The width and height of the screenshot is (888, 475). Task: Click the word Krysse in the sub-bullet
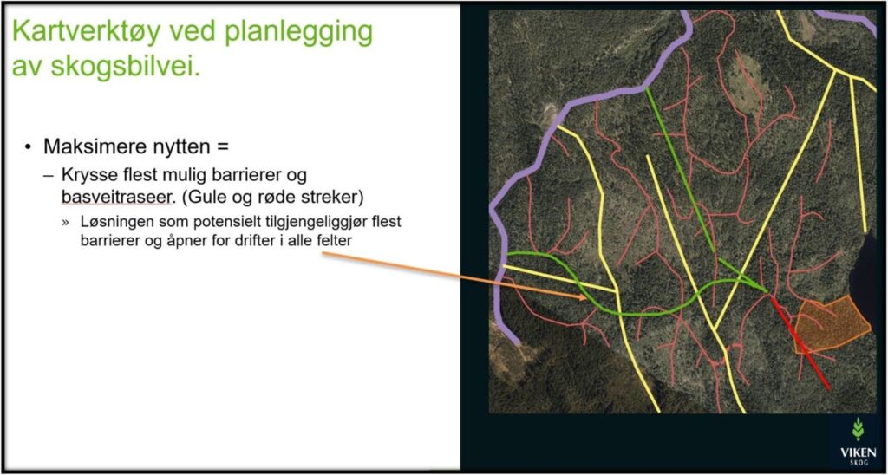tap(88, 175)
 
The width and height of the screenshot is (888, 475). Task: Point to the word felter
tap(336, 240)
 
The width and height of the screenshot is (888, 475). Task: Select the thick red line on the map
tap(799, 342)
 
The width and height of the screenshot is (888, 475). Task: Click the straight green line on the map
tap(680, 170)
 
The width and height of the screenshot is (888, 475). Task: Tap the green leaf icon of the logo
tap(858, 428)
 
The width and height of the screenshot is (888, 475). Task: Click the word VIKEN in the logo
tap(858, 452)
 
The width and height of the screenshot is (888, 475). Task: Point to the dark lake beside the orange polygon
tap(866, 272)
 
